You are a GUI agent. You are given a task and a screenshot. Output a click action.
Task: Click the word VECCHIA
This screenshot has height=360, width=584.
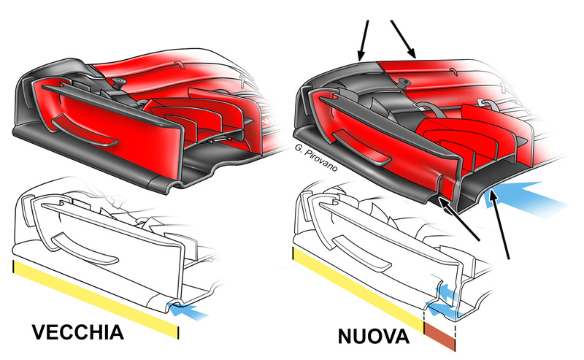pyautogui.click(x=77, y=332)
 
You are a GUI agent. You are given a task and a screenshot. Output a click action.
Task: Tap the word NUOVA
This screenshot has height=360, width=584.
pyautogui.click(x=373, y=337)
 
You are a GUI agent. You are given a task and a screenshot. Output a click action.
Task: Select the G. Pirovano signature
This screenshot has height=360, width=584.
pyautogui.click(x=316, y=157)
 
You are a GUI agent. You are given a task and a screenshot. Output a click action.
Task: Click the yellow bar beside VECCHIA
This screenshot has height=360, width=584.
pyautogui.click(x=96, y=299)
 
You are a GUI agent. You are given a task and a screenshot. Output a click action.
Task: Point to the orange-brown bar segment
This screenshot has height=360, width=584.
pyautogui.click(x=440, y=337)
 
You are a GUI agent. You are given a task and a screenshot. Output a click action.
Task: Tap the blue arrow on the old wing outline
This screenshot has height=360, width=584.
pyautogui.click(x=188, y=311)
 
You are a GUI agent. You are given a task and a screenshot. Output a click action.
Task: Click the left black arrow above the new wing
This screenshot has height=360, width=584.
pyautogui.click(x=364, y=40)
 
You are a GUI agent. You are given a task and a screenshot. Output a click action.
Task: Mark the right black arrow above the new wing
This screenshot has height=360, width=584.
pyautogui.click(x=404, y=39)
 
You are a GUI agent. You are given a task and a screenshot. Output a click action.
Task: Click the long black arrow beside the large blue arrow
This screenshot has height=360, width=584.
pyautogui.click(x=499, y=223)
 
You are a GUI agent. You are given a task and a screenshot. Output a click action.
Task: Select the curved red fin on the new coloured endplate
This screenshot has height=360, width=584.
pyautogui.click(x=361, y=148)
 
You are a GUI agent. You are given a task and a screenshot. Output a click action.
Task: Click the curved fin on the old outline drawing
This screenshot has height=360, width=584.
pyautogui.click(x=85, y=249)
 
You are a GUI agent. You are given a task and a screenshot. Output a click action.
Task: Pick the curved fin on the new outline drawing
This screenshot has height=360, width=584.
pyautogui.click(x=361, y=254)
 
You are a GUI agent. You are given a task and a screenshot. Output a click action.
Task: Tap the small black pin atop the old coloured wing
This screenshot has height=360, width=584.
pyautogui.click(x=120, y=83)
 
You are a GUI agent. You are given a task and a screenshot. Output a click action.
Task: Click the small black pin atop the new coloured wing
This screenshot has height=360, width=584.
pyautogui.click(x=404, y=83)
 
